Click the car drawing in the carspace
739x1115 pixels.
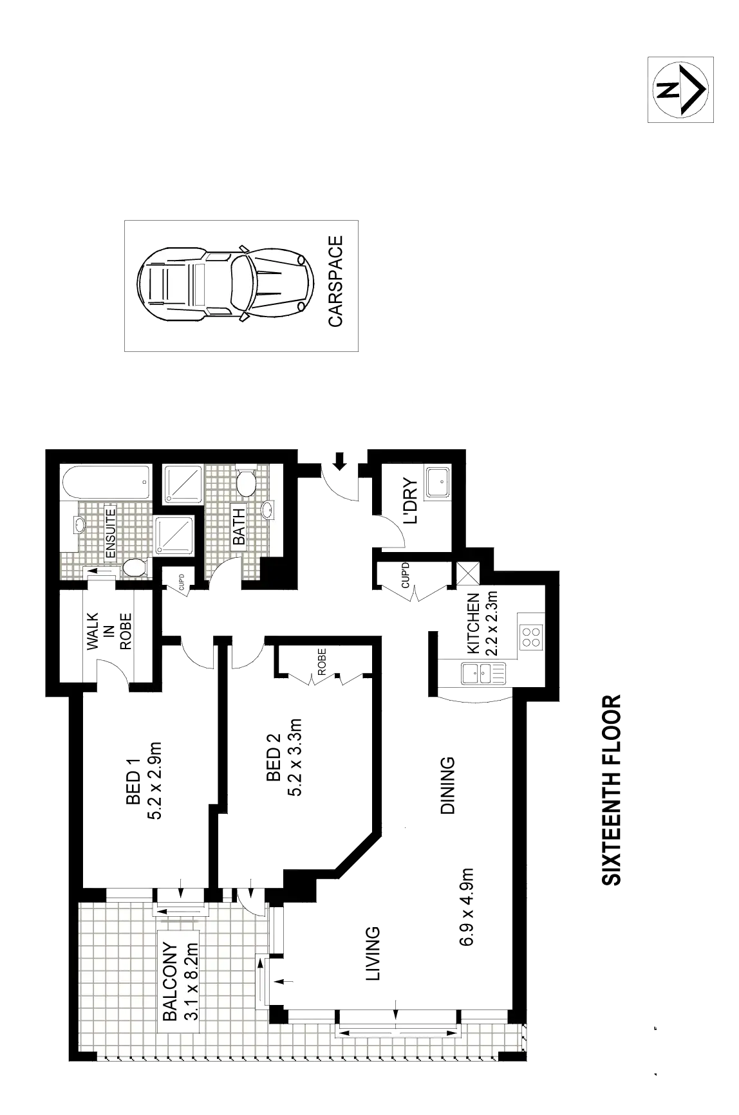(226, 285)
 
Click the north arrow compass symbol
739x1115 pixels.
(679, 89)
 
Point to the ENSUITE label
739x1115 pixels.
(110, 533)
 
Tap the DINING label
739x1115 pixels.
(448, 787)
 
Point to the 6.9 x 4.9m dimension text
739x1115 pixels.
(467, 907)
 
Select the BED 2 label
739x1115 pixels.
(274, 757)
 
